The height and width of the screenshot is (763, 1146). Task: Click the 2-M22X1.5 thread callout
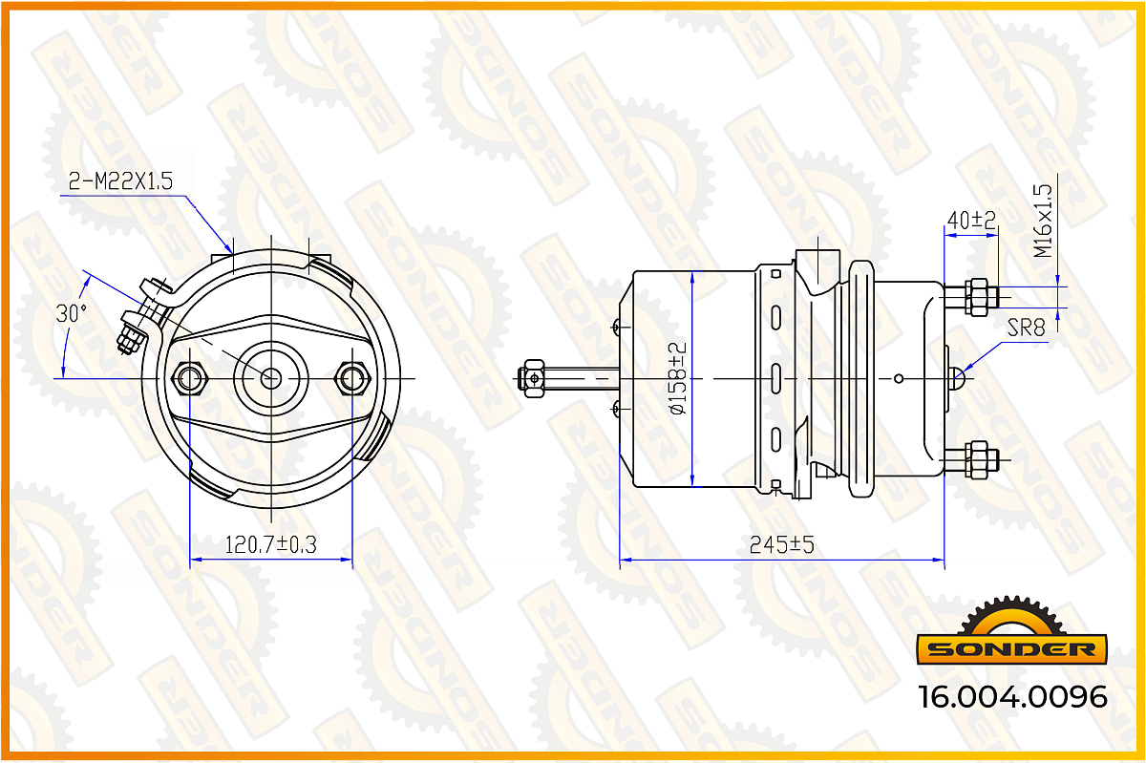click(x=120, y=181)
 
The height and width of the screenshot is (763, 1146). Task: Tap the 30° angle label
click(x=71, y=313)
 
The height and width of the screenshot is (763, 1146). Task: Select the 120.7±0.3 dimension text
click(x=270, y=544)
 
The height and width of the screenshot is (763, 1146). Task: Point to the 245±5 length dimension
click(x=781, y=545)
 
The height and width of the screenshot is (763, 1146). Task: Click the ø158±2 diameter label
click(x=677, y=378)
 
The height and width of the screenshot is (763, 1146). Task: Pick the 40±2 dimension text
click(x=971, y=221)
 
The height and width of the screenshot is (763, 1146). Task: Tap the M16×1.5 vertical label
click(x=1043, y=222)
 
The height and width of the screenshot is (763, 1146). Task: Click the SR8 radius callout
click(x=1026, y=328)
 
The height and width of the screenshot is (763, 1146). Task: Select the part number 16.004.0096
click(x=1013, y=697)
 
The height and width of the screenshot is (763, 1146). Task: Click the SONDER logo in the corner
click(x=1012, y=631)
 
